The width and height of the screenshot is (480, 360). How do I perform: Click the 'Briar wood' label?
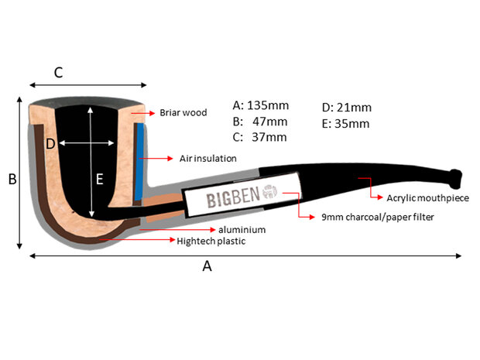[183, 112]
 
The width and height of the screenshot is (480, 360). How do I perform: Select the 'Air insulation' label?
[207, 158]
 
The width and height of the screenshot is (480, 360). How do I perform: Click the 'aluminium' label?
[242, 230]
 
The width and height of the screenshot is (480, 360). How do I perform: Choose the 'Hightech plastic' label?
[211, 241]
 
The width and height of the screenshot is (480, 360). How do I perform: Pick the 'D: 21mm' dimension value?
[346, 107]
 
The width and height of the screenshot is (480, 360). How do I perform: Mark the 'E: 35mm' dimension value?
[345, 123]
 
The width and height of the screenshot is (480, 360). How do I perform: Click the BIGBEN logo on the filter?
[235, 199]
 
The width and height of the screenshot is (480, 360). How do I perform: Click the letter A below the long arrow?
[207, 266]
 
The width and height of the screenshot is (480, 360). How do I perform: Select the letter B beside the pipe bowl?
[12, 180]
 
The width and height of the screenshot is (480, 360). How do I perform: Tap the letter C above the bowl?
[58, 73]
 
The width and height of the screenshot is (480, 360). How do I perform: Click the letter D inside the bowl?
[50, 143]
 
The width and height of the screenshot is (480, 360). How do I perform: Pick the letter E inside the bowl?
[99, 179]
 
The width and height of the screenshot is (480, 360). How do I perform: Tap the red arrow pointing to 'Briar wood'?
[143, 113]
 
